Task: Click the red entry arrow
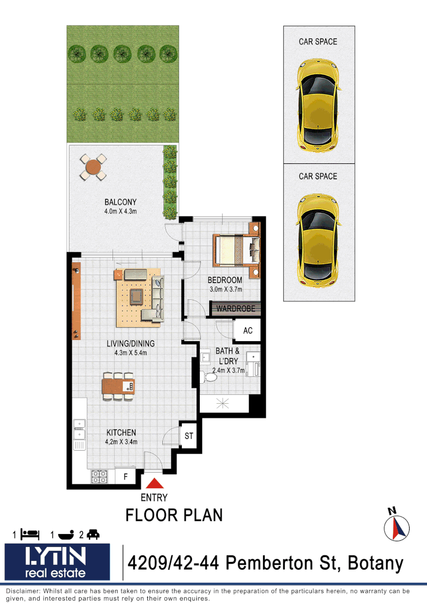pos(156,484)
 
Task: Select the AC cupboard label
pos(247,331)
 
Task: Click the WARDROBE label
pos(236,308)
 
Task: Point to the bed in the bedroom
pos(236,249)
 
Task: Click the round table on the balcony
pos(93,167)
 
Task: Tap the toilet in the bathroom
pos(210,377)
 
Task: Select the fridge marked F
pos(125,477)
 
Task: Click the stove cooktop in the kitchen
pos(100,476)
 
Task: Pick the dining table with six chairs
pos(118,386)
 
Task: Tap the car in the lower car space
pos(318,238)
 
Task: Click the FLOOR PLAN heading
pos(174,515)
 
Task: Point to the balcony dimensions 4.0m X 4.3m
pos(120,211)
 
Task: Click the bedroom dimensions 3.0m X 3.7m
pos(224,289)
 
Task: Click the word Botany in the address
pos(376,563)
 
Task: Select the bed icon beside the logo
pos(30,534)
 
